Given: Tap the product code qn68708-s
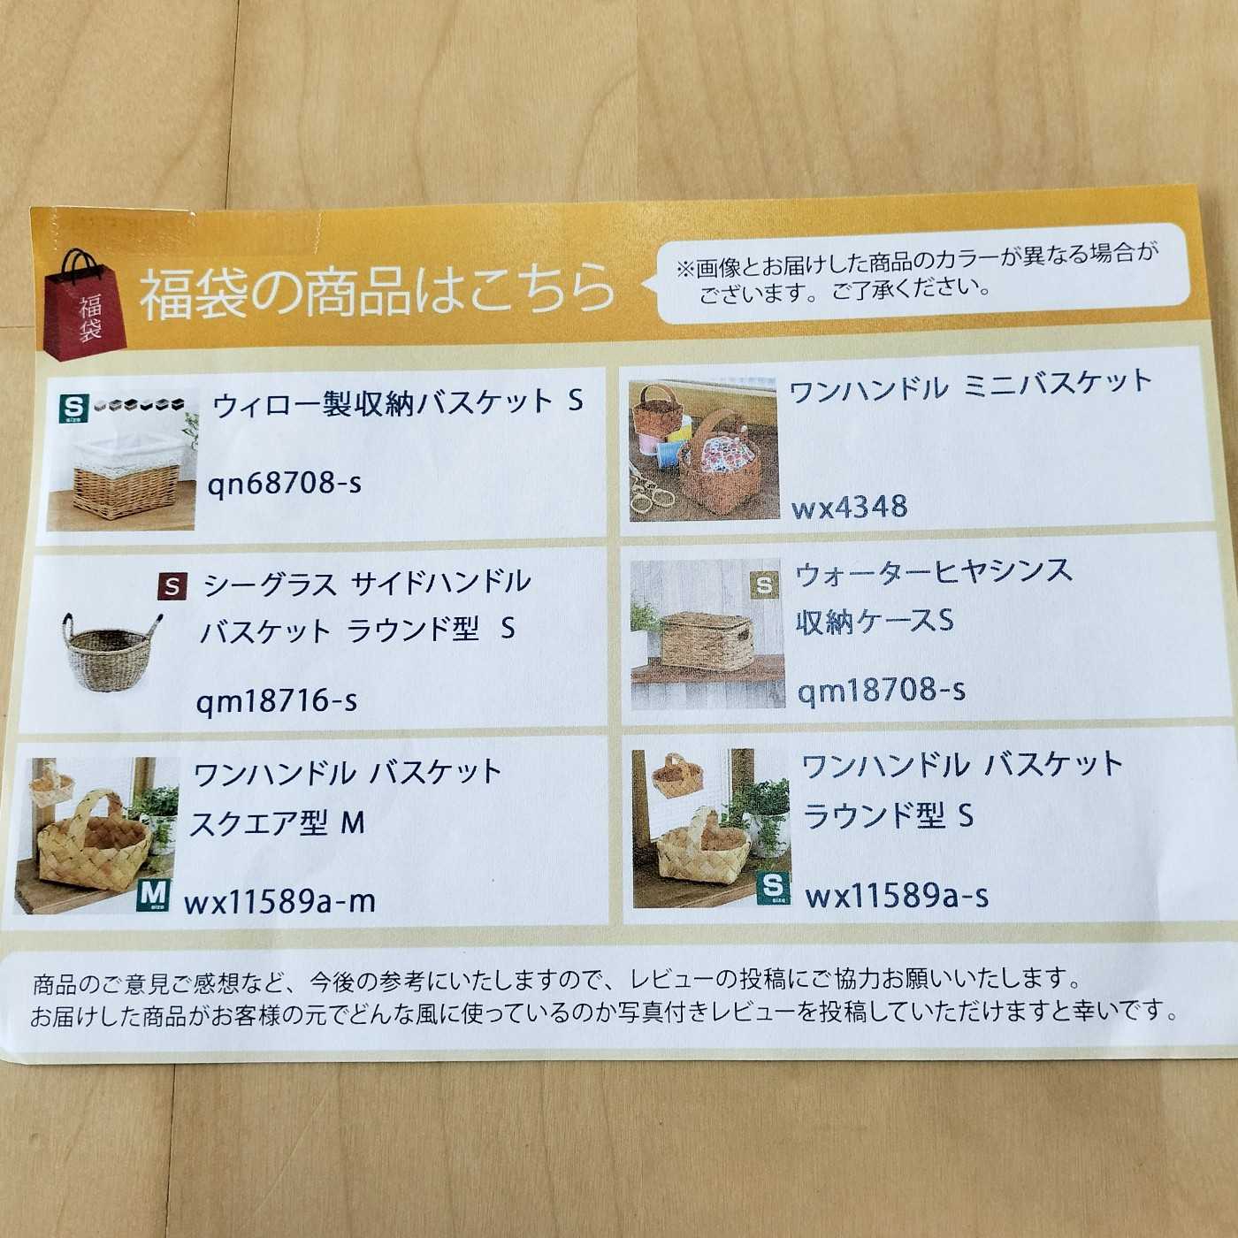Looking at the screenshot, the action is pos(284,483).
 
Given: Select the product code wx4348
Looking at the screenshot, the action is pos(849,507).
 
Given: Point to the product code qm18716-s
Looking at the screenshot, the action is pos(276,699).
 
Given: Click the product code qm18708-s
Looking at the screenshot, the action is pos(881,690).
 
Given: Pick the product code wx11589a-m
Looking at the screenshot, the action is pos(279,901).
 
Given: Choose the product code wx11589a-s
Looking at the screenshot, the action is pos(896,895).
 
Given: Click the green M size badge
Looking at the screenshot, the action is pos(153,895).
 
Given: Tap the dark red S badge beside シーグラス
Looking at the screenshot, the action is pos(172,586).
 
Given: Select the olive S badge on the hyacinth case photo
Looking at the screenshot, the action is pos(764,585).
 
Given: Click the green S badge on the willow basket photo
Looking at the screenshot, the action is pos(73,408).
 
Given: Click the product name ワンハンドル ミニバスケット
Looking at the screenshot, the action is pos(970,385).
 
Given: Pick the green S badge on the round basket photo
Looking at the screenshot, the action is pos(773,889).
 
